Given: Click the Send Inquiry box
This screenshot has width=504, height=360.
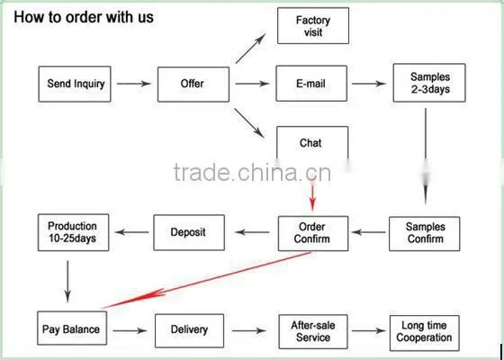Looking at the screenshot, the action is click(75, 85).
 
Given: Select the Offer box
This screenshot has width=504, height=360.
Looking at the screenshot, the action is click(193, 85).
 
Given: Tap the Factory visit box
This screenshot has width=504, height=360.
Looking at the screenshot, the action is click(313, 26).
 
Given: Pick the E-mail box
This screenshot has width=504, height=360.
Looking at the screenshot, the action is click(311, 84).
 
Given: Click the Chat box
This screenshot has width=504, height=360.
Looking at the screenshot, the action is click(312, 143).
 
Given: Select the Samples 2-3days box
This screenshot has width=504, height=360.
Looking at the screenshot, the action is click(429, 83).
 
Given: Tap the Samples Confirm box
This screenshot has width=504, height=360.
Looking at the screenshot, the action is click(424, 234).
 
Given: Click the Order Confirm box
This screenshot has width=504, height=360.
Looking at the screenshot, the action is click(313, 233).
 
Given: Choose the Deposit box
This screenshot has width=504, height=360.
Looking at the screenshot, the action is click(189, 233).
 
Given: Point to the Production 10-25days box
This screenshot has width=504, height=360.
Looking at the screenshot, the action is click(73, 232).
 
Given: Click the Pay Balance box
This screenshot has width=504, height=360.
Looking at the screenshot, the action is click(72, 328).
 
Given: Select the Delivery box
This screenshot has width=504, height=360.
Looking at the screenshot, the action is click(189, 331).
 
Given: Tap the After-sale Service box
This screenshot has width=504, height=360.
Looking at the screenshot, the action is click(313, 332).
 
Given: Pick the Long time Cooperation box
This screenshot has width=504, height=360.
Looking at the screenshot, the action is click(424, 333).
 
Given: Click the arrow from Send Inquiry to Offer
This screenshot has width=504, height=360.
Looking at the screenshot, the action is click(134, 84).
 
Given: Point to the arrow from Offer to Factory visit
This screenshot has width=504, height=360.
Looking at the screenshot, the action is click(250, 49).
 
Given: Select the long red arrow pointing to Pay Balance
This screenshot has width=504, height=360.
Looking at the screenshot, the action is click(206, 280).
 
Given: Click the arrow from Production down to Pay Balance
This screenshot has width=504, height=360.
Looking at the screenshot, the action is click(67, 282).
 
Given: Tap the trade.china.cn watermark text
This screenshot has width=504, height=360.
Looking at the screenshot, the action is click(252, 173).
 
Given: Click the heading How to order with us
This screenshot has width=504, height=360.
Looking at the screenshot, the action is click(84, 17).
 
